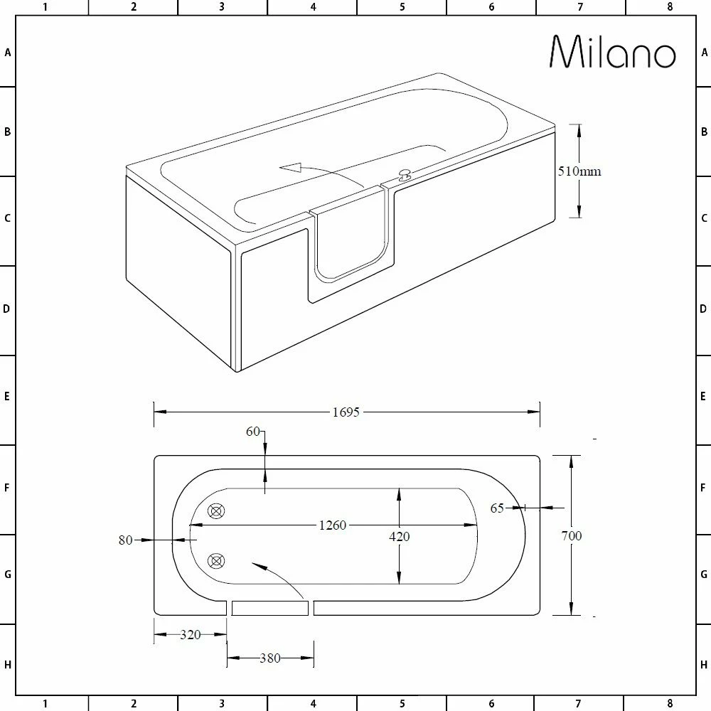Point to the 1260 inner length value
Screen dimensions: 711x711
click(332, 525)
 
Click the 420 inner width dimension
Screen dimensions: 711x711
click(400, 537)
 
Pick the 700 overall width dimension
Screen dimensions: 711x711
click(571, 535)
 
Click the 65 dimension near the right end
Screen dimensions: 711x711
click(497, 508)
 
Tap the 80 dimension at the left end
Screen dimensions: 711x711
click(126, 540)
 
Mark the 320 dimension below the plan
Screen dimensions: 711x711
click(190, 635)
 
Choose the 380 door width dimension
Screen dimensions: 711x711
click(269, 658)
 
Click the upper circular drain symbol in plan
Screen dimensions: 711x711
click(215, 510)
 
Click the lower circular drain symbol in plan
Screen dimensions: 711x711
click(215, 562)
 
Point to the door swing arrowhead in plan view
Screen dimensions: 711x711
click(257, 565)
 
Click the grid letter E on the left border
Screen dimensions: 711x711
click(8, 396)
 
